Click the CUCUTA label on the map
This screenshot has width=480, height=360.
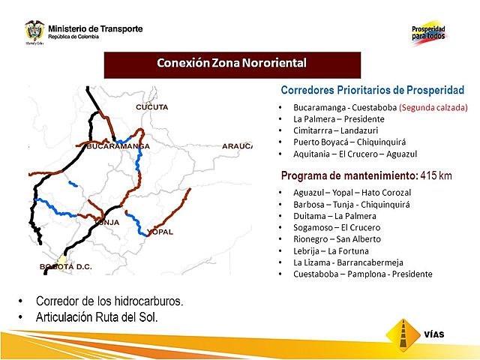click(151, 107)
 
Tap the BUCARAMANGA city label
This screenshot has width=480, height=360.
click(113, 146)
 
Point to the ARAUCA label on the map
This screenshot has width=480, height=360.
click(237, 146)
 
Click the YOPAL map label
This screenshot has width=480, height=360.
click(160, 232)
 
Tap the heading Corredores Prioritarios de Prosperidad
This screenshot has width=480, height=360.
click(372, 90)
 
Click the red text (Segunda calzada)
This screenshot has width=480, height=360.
click(433, 107)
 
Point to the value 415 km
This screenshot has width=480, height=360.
click(436, 175)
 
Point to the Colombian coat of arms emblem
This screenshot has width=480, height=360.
click(34, 31)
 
